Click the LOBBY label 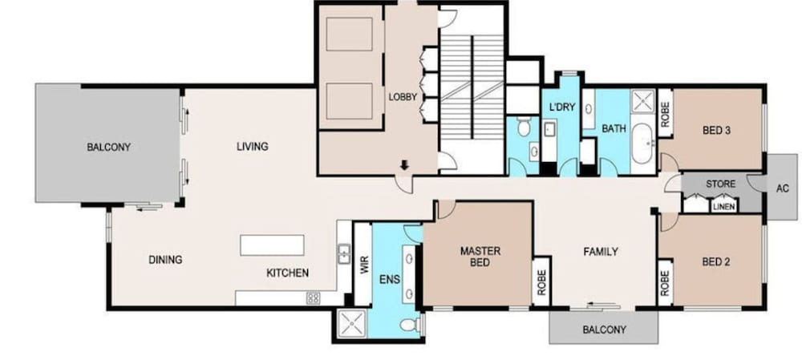[403, 97]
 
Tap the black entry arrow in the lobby [405, 165]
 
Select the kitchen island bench [272, 245]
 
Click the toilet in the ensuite [409, 325]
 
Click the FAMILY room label [600, 252]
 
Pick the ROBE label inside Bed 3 [665, 116]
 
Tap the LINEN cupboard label [723, 206]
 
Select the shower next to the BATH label [642, 102]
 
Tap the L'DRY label [562, 107]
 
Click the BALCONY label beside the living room [108, 148]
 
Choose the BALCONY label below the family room [603, 329]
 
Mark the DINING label [165, 260]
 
